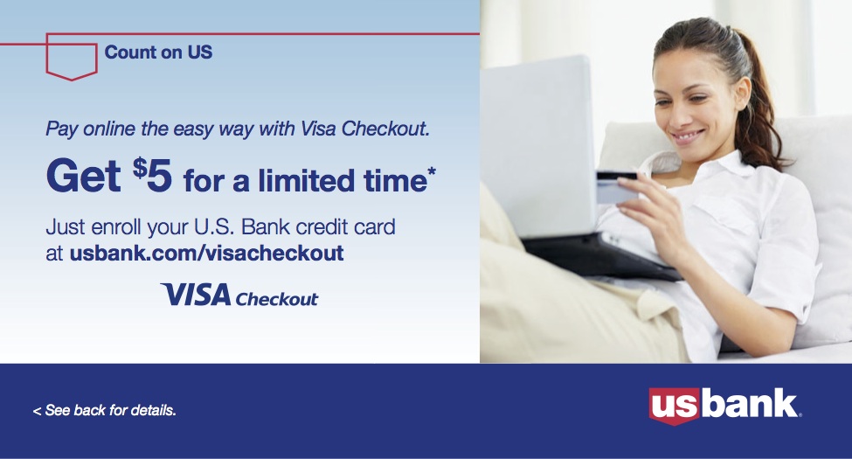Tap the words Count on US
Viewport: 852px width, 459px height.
pyautogui.click(x=158, y=52)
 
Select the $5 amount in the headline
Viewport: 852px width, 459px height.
pyautogui.click(x=153, y=175)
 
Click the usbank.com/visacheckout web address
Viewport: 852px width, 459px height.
pyautogui.click(x=206, y=253)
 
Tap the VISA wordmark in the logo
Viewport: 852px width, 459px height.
pyautogui.click(x=196, y=295)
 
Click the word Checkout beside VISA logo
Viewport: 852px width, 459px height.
pyautogui.click(x=277, y=298)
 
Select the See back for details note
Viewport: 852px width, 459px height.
pyautogui.click(x=105, y=410)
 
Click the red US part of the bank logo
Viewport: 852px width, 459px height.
pyautogui.click(x=675, y=406)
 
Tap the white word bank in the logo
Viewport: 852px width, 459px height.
pyautogui.click(x=749, y=403)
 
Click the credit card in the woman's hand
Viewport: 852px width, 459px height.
pyautogui.click(x=616, y=187)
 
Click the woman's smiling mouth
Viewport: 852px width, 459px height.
pyautogui.click(x=688, y=136)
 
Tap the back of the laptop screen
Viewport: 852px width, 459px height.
pyautogui.click(x=538, y=147)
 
